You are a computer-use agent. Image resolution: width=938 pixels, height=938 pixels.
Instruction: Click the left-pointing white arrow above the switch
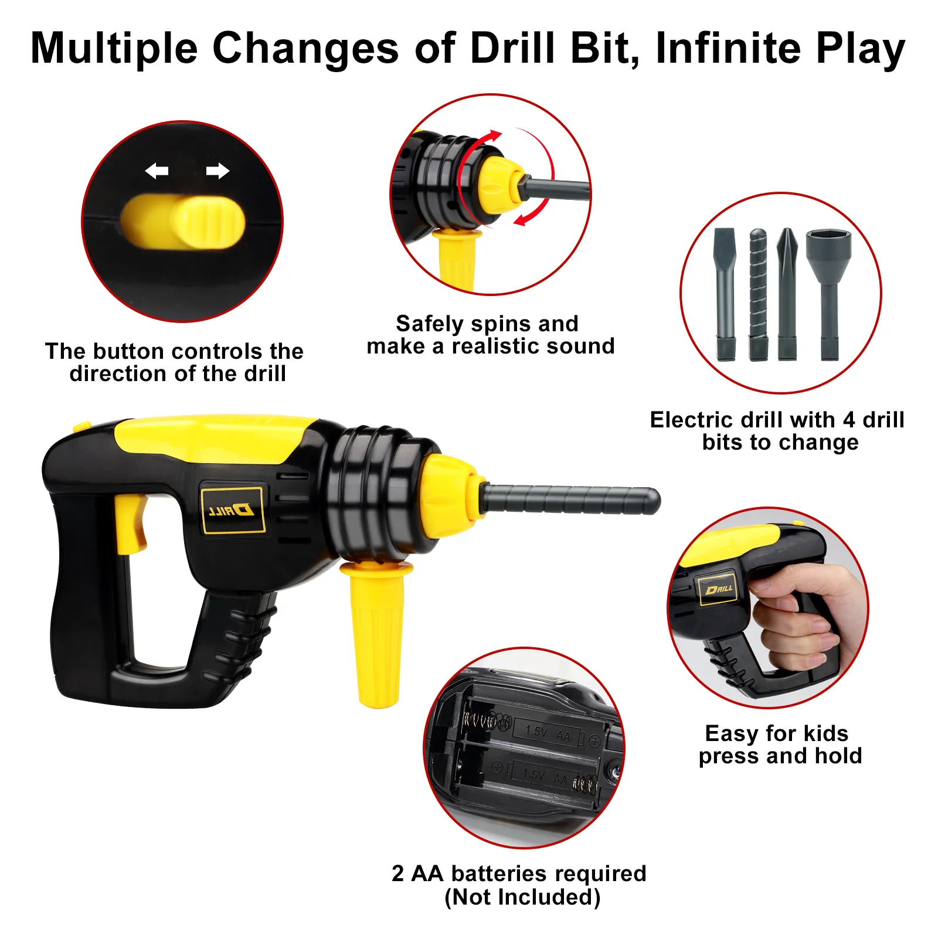[x=157, y=171]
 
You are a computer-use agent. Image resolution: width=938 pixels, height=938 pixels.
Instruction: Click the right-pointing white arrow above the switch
[x=217, y=171]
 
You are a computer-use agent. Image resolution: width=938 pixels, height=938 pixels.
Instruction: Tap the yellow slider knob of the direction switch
[x=208, y=222]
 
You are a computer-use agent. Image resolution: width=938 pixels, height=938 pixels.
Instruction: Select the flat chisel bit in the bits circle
[x=725, y=293]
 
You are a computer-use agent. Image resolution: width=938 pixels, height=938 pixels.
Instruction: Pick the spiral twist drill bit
[x=758, y=293]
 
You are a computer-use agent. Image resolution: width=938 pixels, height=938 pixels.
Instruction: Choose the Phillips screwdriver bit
[x=787, y=293]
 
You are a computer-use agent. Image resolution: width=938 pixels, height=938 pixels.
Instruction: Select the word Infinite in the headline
[x=727, y=48]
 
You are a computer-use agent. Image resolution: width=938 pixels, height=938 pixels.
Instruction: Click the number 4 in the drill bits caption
[x=848, y=420]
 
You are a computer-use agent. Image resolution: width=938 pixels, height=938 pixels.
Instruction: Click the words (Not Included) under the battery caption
[x=522, y=898]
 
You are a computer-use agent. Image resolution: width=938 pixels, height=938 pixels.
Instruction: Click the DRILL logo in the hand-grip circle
[x=719, y=589]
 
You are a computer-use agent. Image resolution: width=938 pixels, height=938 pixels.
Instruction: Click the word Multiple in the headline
[x=114, y=48]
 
